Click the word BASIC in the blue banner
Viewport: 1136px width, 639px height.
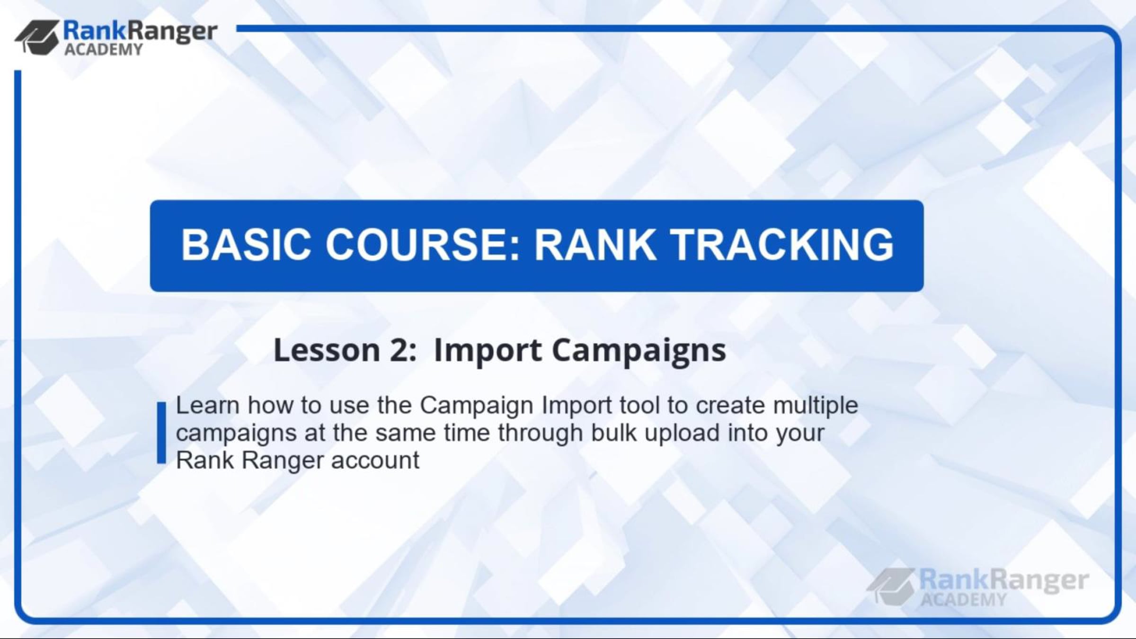pyautogui.click(x=246, y=244)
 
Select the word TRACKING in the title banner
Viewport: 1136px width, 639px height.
pyautogui.click(x=783, y=244)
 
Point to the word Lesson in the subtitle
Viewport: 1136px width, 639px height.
pyautogui.click(x=327, y=350)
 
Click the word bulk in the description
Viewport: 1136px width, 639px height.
pyautogui.click(x=613, y=433)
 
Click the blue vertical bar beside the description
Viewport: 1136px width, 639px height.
pyautogui.click(x=161, y=433)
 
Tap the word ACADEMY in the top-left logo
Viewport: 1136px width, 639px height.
pyautogui.click(x=103, y=50)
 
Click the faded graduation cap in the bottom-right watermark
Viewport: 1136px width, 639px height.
pyautogui.click(x=891, y=586)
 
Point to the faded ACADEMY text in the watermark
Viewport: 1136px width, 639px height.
pyautogui.click(x=964, y=600)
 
